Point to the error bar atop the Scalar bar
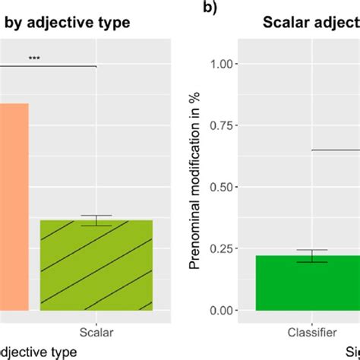[x=96, y=220]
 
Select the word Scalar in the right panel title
[x=289, y=22]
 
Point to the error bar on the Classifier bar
[x=312, y=256]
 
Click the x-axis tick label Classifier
[x=312, y=331]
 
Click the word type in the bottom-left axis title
[x=64, y=352]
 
